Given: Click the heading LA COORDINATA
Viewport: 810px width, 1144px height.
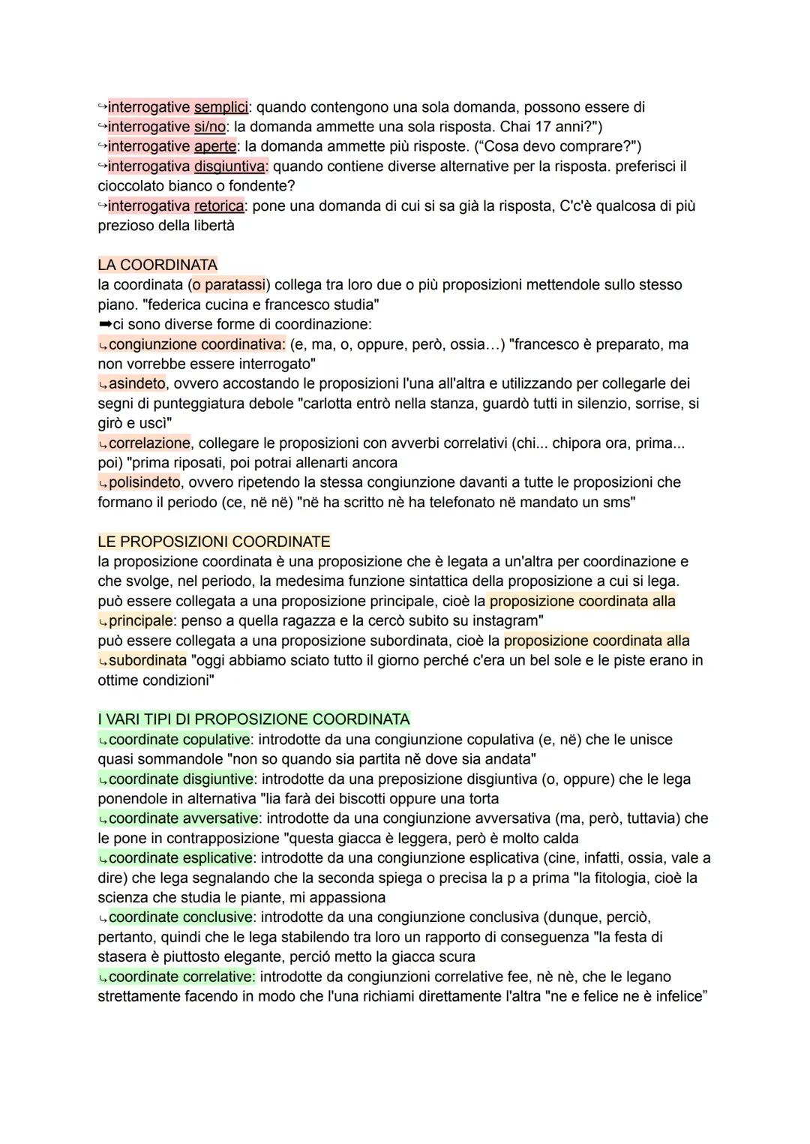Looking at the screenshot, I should pyautogui.click(x=157, y=265).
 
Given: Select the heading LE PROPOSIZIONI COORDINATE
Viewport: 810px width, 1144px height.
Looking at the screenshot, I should pyautogui.click(x=214, y=542).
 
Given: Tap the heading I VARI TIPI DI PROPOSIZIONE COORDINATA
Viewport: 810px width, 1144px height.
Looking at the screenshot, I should pyautogui.click(x=253, y=719).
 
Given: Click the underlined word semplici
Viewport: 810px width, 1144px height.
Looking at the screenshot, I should pyautogui.click(x=220, y=107).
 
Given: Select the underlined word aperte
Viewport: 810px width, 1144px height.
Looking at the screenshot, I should pyautogui.click(x=214, y=146).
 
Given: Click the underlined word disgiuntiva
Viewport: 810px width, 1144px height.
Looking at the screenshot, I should pyautogui.click(x=229, y=166).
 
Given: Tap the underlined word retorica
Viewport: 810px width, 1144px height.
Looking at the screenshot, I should pyautogui.click(x=218, y=206).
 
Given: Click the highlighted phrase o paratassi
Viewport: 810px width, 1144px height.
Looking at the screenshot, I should pyautogui.click(x=228, y=285).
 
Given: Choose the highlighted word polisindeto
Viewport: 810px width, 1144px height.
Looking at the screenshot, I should pyautogui.click(x=144, y=482).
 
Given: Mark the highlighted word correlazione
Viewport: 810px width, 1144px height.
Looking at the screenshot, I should pyautogui.click(x=149, y=443).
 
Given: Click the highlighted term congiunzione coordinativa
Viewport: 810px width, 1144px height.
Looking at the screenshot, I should pyautogui.click(x=196, y=344).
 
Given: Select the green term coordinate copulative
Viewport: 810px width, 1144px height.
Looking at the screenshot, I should pyautogui.click(x=179, y=740).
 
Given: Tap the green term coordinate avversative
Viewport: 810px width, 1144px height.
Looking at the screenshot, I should pyautogui.click(x=184, y=818).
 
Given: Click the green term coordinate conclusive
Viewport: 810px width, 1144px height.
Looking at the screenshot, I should pyautogui.click(x=180, y=917).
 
